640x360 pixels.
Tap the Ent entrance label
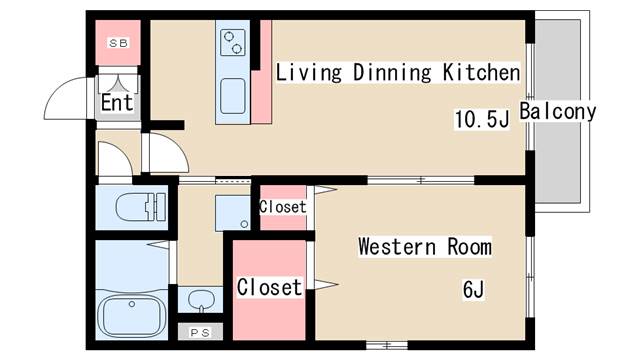(x=117, y=103)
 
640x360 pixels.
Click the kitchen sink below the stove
(x=232, y=96)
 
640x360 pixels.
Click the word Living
(x=306, y=73)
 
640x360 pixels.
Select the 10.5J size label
(x=482, y=120)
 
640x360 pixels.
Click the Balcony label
(x=557, y=111)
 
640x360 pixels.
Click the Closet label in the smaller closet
(x=282, y=207)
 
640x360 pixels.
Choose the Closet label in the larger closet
(x=269, y=288)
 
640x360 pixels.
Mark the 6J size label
(x=473, y=290)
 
